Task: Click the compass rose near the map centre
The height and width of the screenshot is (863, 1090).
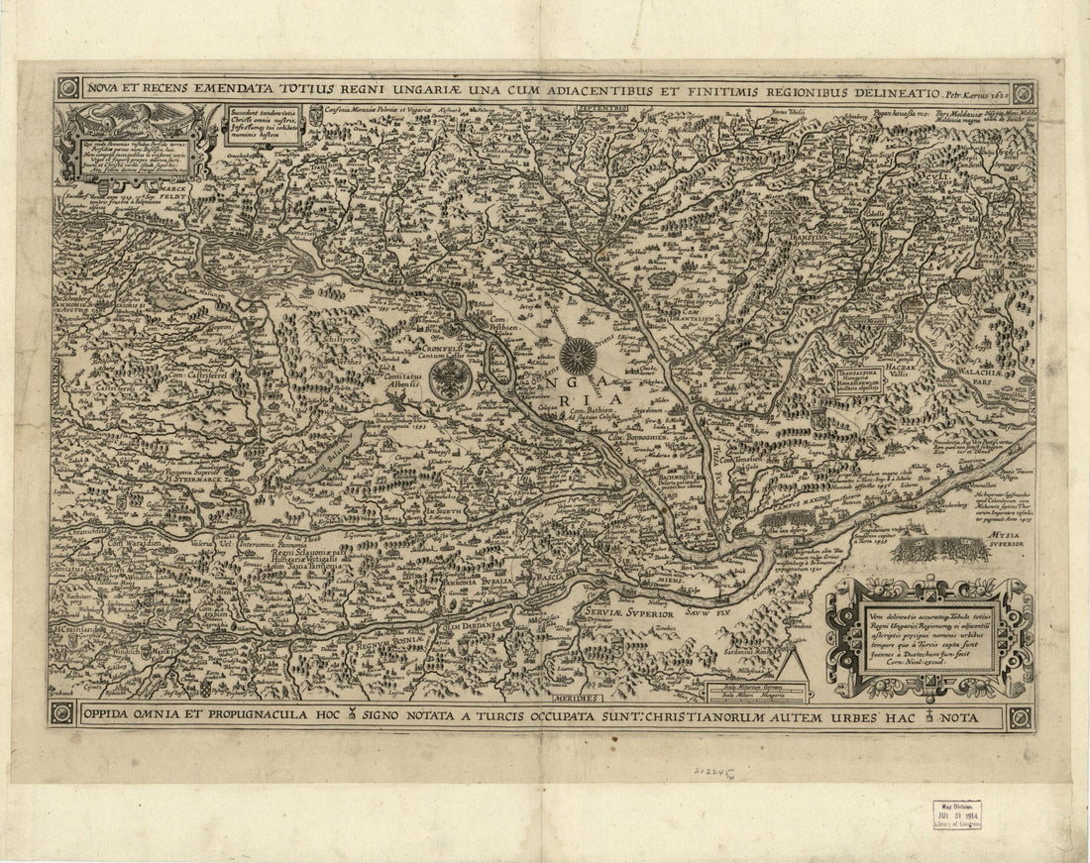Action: pos(577,356)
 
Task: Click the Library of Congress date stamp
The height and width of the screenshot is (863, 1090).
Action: pos(956,813)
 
